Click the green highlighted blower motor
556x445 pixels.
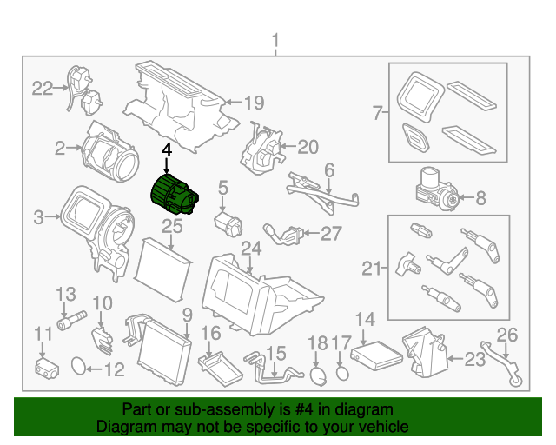[x=174, y=196]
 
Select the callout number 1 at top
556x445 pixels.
[x=276, y=41]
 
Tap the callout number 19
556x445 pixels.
[x=253, y=103]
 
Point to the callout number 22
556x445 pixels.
[x=43, y=87]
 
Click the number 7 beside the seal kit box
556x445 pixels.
[x=377, y=112]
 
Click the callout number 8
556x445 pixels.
[x=480, y=199]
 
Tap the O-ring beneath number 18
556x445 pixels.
[x=319, y=375]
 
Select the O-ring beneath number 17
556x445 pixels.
[x=343, y=373]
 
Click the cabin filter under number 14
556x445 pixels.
[x=376, y=355]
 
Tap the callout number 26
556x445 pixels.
[x=506, y=335]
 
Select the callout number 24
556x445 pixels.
[x=251, y=249]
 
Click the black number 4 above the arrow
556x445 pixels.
[x=166, y=150]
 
